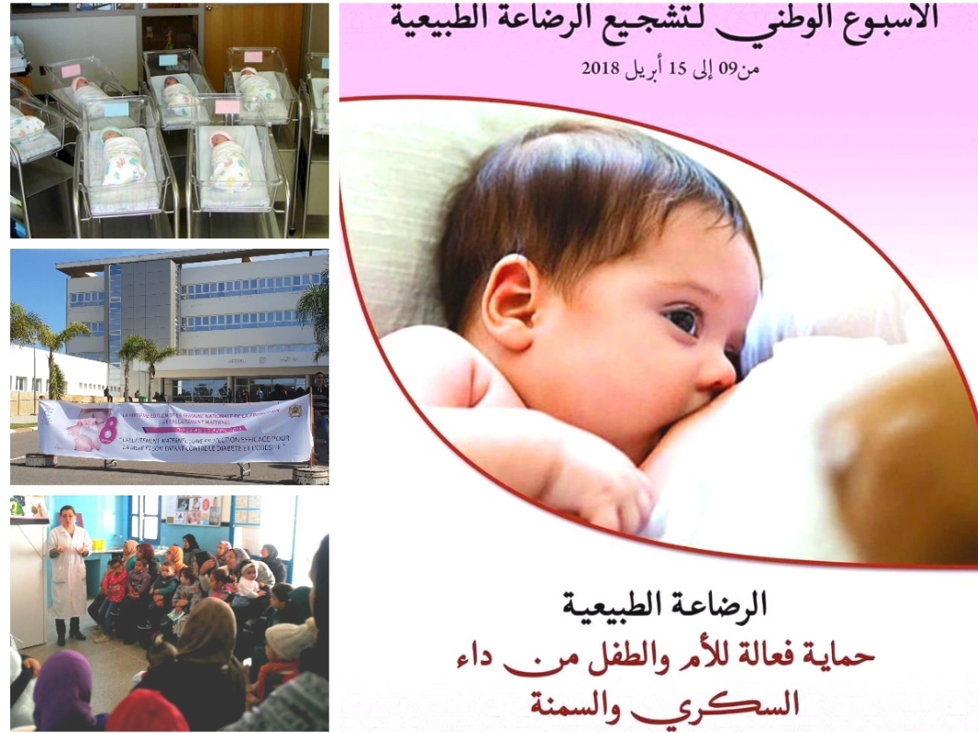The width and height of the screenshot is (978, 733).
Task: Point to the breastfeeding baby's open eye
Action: [x=683, y=321]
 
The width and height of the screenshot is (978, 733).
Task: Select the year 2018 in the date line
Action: [x=601, y=68]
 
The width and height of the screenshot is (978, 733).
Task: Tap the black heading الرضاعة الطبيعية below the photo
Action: [x=664, y=606]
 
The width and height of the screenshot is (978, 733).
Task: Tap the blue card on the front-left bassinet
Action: [x=116, y=109]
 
